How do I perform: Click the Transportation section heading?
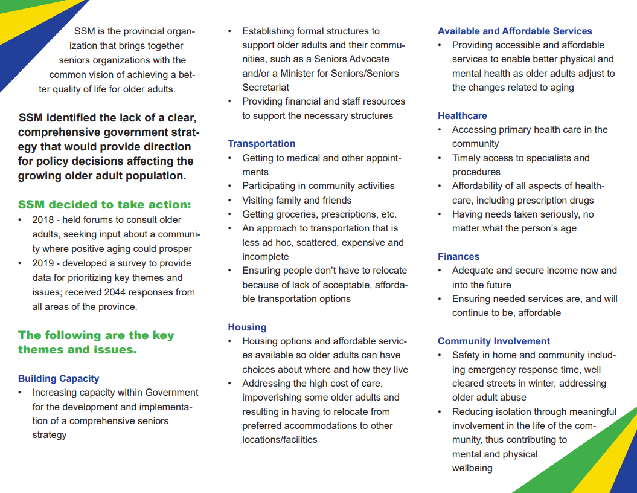pos(261,144)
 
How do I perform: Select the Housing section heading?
pos(247,327)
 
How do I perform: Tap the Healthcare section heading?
pos(462,115)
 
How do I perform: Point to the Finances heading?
pos(458,257)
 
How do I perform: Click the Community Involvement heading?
pos(494,341)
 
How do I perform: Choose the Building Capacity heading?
pos(59,379)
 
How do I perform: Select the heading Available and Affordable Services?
pos(514,31)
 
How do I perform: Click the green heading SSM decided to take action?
pos(104,205)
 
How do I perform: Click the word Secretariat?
pos(266,87)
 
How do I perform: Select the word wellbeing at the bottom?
pos(472,468)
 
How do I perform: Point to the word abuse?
pos(513,398)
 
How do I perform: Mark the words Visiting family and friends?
pos(296,200)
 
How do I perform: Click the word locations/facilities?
pos(280,440)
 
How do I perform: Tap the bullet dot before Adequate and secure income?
pos(441,271)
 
